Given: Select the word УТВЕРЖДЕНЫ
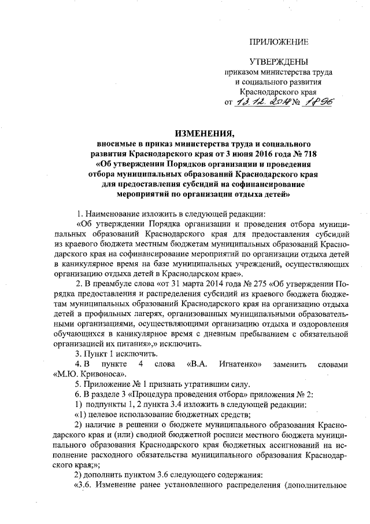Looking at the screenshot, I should pyautogui.click(x=278, y=62).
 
